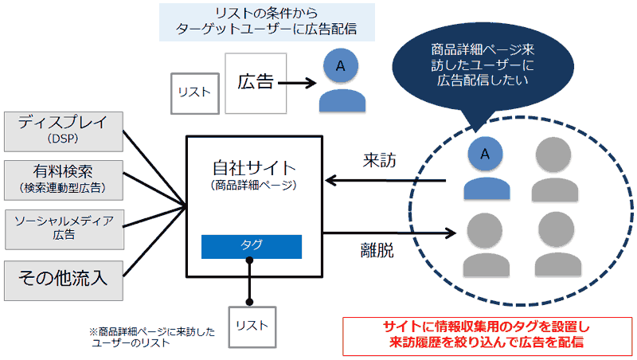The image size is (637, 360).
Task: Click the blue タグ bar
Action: [x=251, y=246]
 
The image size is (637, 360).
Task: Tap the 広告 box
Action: [x=255, y=83]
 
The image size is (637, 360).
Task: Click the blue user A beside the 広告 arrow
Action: [x=340, y=80]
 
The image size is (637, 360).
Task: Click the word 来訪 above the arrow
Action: [x=380, y=161]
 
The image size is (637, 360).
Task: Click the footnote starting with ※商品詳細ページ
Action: [x=151, y=337]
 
